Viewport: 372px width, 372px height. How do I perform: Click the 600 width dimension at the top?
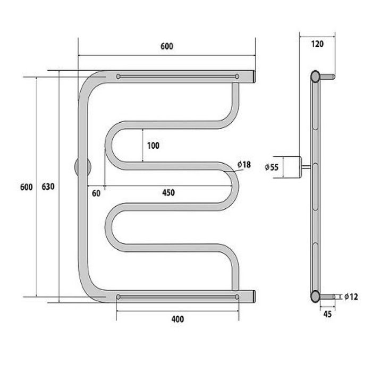[167, 46]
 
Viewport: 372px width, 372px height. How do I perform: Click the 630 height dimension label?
[48, 187]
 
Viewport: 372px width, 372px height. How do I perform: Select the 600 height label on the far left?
[27, 187]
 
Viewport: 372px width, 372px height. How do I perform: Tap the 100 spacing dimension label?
[153, 146]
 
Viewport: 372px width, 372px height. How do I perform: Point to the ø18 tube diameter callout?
[244, 164]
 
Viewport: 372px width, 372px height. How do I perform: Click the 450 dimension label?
[168, 192]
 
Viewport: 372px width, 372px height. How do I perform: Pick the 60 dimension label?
[96, 193]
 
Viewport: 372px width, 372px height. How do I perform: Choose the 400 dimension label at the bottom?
[177, 319]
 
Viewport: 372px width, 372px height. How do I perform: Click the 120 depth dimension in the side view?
[317, 44]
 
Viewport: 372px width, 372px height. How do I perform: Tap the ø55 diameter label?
[272, 167]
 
